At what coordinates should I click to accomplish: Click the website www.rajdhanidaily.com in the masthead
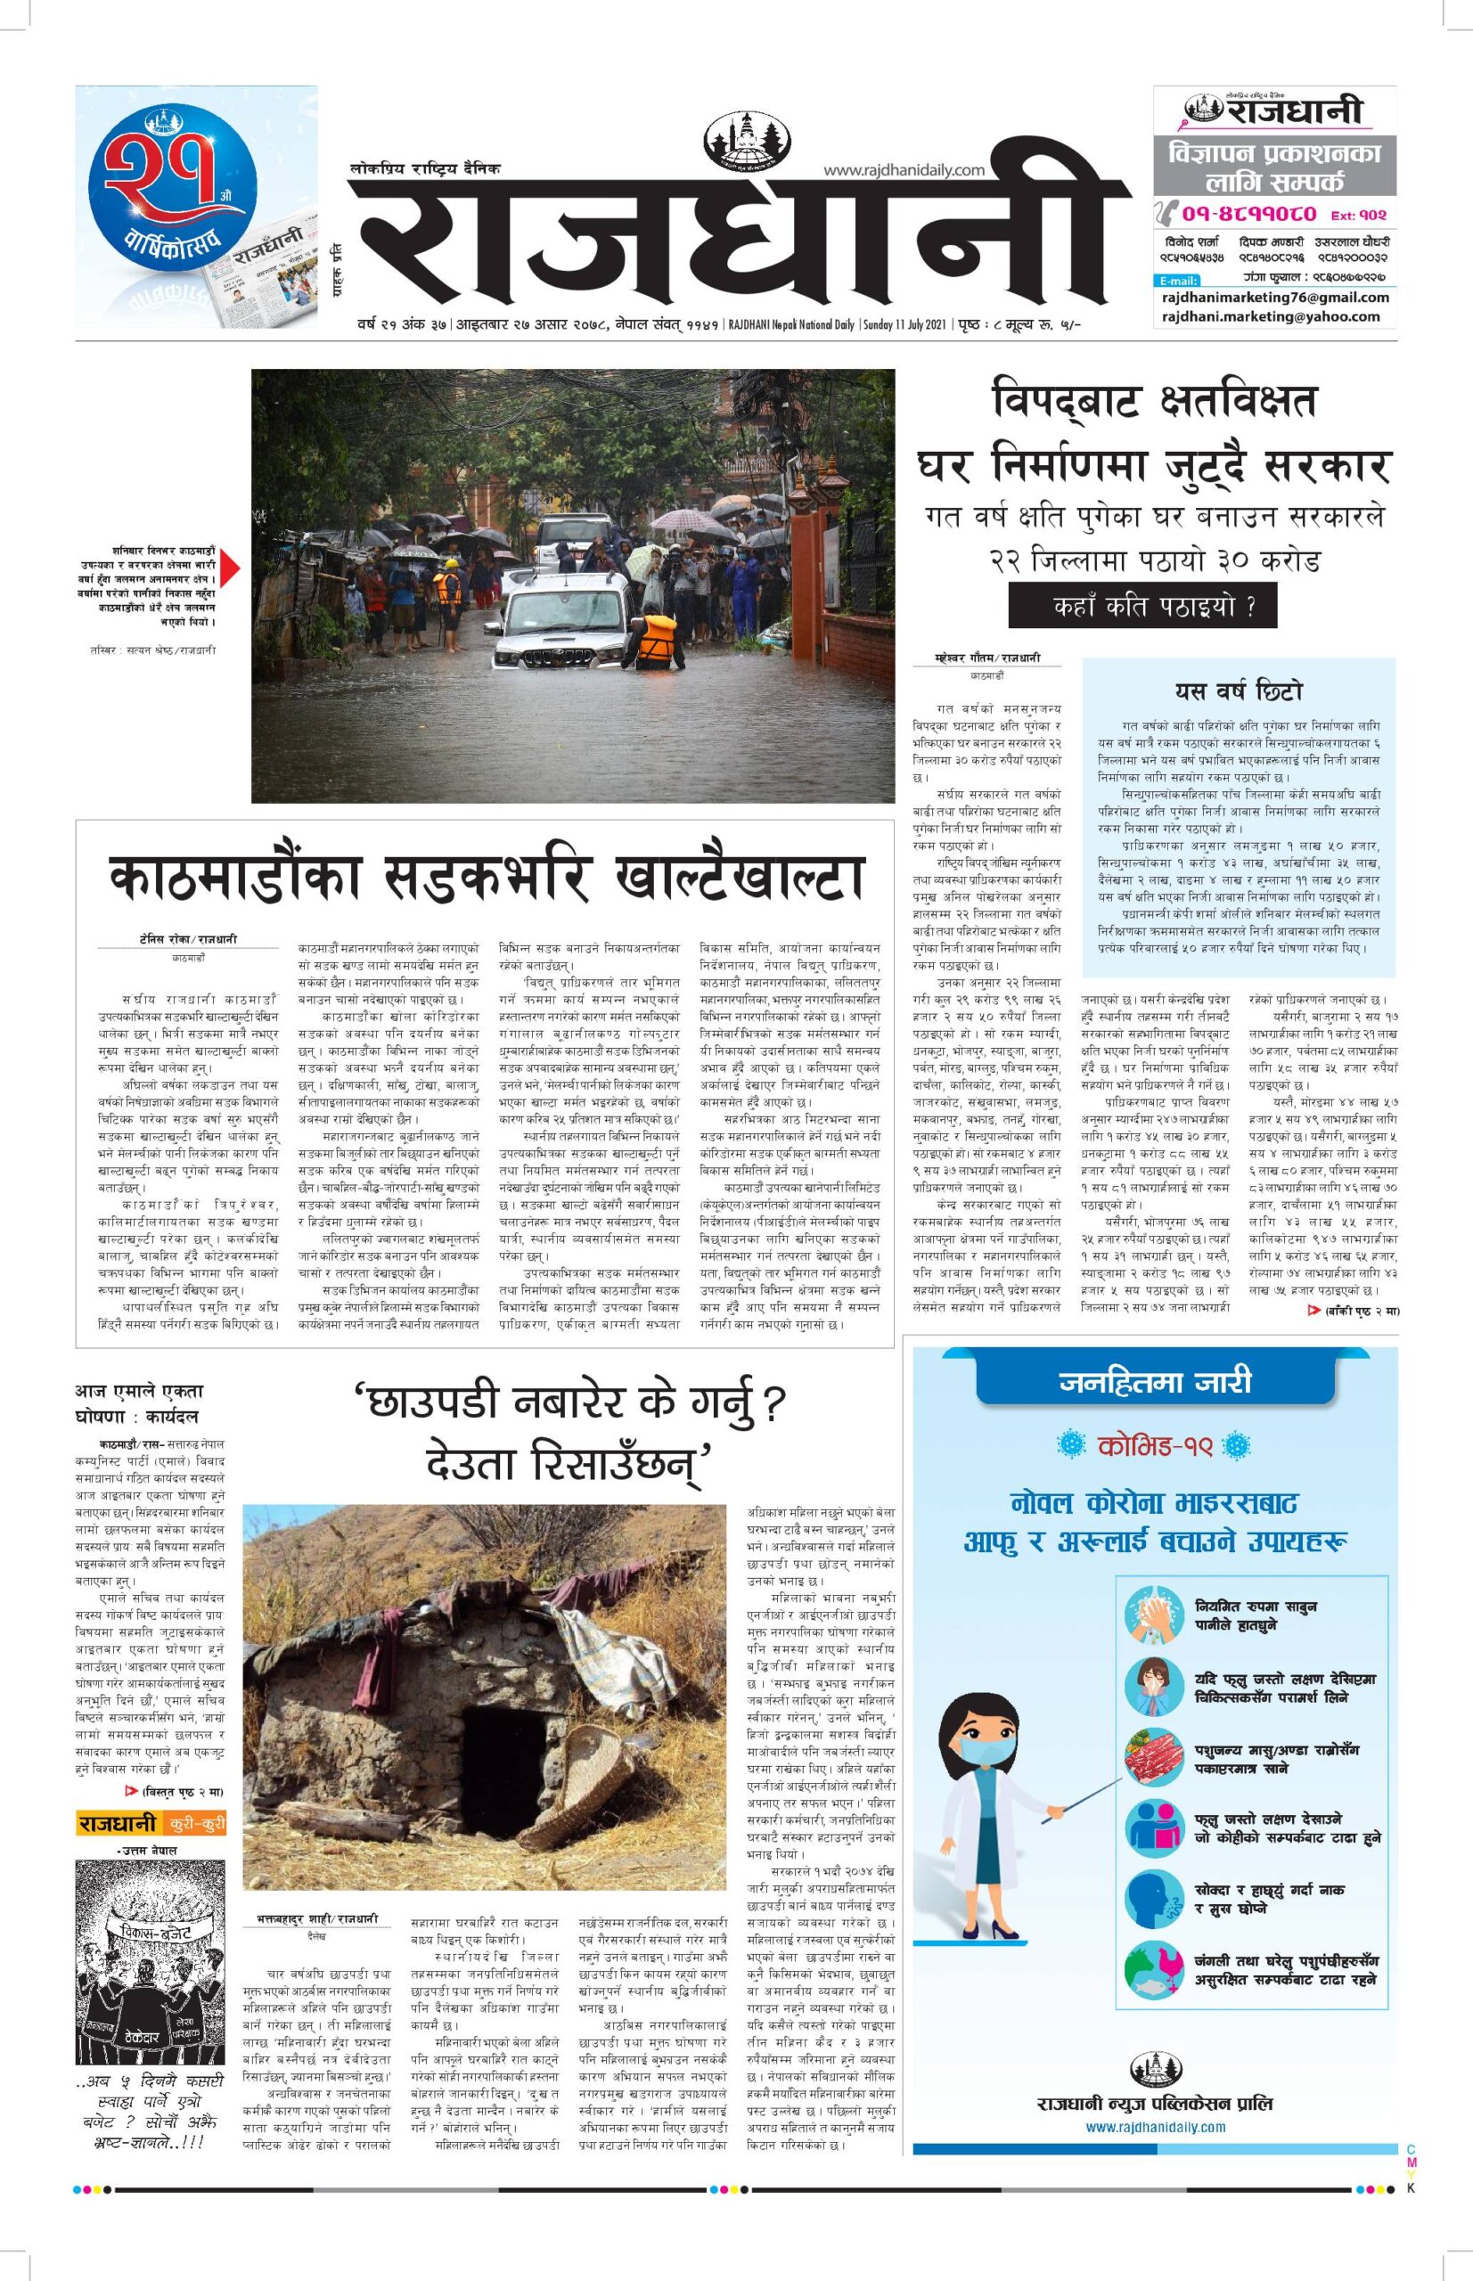[904, 170]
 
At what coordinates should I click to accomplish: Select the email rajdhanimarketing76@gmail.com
[1275, 297]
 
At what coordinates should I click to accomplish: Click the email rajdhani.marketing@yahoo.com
[1270, 316]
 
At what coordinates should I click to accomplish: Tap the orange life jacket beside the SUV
[657, 639]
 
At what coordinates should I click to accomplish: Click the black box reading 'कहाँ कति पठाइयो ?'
[1142, 607]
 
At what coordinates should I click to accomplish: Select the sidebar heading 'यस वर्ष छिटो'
[1239, 691]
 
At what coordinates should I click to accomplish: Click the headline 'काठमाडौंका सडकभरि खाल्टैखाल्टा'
[485, 878]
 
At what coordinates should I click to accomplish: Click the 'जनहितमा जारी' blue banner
[1155, 1382]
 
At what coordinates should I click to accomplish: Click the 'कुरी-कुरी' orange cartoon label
[195, 1824]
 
